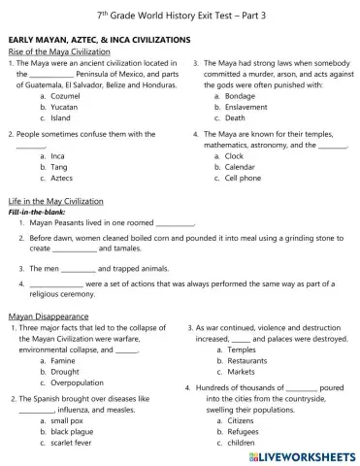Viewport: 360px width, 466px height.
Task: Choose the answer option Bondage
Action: tap(240, 97)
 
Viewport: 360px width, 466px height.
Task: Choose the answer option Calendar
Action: tap(242, 167)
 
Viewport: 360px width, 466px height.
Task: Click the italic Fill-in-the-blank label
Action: tap(42, 211)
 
